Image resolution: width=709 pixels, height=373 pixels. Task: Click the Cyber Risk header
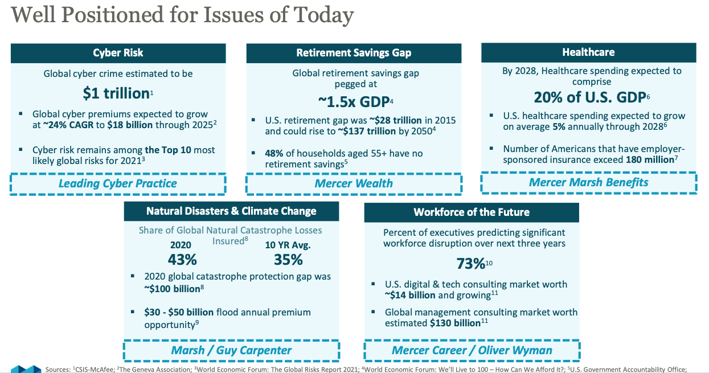(x=118, y=53)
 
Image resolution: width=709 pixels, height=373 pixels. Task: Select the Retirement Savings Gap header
(x=354, y=53)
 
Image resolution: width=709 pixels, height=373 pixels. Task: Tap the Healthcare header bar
(x=588, y=52)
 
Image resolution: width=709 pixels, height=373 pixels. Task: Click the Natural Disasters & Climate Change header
(x=231, y=211)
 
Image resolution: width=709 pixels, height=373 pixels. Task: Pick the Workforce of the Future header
(x=472, y=212)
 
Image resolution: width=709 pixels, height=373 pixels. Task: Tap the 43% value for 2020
(x=182, y=260)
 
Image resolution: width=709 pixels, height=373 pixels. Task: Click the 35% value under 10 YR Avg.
(x=288, y=260)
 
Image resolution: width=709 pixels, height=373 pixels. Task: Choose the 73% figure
(x=470, y=264)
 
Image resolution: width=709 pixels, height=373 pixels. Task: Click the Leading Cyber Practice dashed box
(x=118, y=183)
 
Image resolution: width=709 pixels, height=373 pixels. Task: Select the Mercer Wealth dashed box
(x=354, y=183)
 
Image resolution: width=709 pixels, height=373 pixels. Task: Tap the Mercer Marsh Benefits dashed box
(x=588, y=182)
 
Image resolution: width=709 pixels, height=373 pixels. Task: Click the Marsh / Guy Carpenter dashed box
(x=231, y=350)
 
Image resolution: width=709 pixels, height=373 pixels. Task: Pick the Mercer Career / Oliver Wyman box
(x=472, y=350)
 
